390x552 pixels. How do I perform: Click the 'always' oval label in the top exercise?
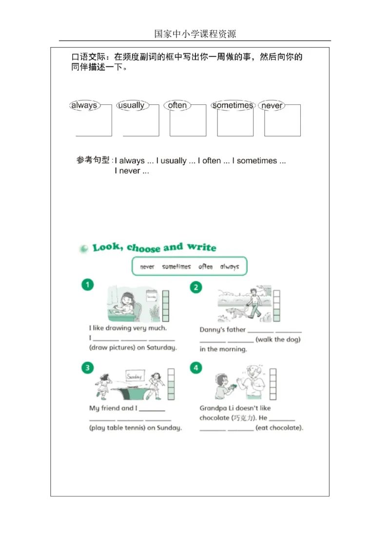pos(84,105)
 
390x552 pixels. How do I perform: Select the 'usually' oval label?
pos(131,105)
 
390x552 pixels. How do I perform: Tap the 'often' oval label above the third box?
pos(177,105)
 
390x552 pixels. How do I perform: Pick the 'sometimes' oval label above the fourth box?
pos(233,105)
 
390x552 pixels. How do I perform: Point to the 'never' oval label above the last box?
pos(272,105)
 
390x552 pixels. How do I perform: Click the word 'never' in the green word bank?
pos(147,267)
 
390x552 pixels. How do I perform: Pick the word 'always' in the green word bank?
pos(229,267)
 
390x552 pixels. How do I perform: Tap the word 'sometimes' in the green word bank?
pos(176,267)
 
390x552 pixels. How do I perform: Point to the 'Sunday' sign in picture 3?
pos(134,376)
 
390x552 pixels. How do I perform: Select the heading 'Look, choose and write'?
pos(154,248)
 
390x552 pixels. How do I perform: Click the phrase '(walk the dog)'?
pos(278,339)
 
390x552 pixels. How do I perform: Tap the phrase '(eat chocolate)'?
pos(279,428)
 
